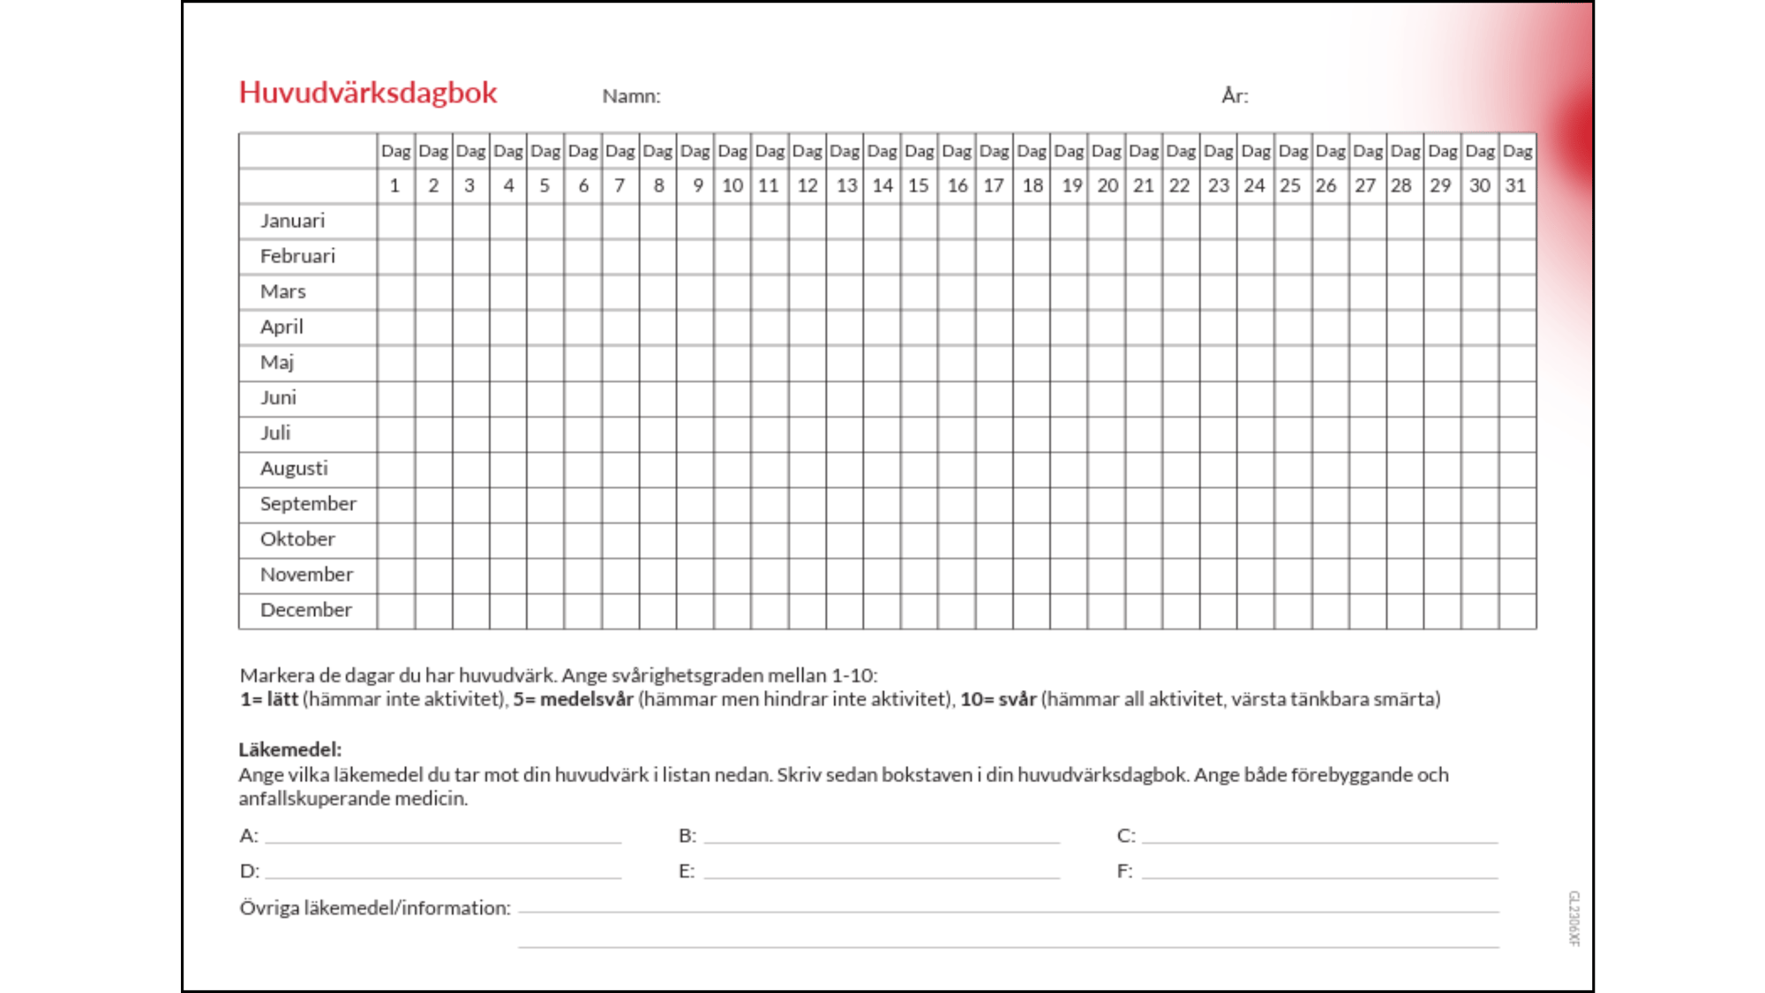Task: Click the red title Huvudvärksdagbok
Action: pyautogui.click(x=368, y=93)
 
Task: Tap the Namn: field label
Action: pyautogui.click(x=631, y=96)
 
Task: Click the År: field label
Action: pyautogui.click(x=1235, y=95)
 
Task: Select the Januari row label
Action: pyautogui.click(x=292, y=221)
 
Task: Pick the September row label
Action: pyautogui.click(x=308, y=504)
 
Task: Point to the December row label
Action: pyautogui.click(x=305, y=610)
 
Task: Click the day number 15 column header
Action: pyautogui.click(x=919, y=185)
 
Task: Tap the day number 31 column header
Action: pyautogui.click(x=1516, y=185)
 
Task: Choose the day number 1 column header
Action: pyautogui.click(x=395, y=185)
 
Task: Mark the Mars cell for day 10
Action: pyautogui.click(x=732, y=292)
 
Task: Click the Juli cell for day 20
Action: pyautogui.click(x=1107, y=433)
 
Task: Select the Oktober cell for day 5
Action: pyautogui.click(x=545, y=539)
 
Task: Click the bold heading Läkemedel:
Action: pyautogui.click(x=289, y=749)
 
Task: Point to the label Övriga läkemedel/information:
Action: pyautogui.click(x=375, y=907)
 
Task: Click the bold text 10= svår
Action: pyautogui.click(x=998, y=699)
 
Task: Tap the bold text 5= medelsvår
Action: pyautogui.click(x=574, y=699)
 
